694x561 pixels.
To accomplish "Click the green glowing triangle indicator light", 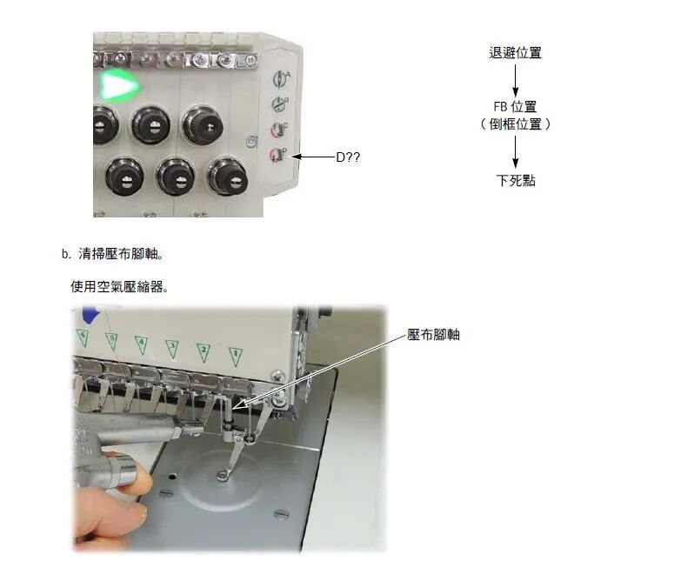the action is [x=118, y=85].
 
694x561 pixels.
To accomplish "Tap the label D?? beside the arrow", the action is [x=348, y=157].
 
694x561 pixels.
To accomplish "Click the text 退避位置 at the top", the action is [x=515, y=53].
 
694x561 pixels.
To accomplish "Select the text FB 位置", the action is [x=515, y=107].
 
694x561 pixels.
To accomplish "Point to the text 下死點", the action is [x=516, y=181].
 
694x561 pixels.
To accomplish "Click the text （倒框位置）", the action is [x=515, y=124].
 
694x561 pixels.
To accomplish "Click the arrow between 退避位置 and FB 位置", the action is [x=515, y=81].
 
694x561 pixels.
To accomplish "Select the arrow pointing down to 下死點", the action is [x=515, y=152].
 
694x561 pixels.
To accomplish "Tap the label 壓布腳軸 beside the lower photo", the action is [x=433, y=335].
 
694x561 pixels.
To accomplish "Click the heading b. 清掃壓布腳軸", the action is [x=113, y=254].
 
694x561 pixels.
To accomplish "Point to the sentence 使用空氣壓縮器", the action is [x=119, y=287].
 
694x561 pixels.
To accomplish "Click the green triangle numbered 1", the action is [x=236, y=357].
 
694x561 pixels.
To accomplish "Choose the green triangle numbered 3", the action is [x=172, y=349].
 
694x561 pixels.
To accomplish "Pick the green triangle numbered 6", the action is [x=83, y=337].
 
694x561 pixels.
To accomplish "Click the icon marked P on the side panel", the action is [x=279, y=154].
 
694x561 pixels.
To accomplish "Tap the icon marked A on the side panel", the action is [x=281, y=78].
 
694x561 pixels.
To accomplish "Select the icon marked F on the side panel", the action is [x=280, y=129].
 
